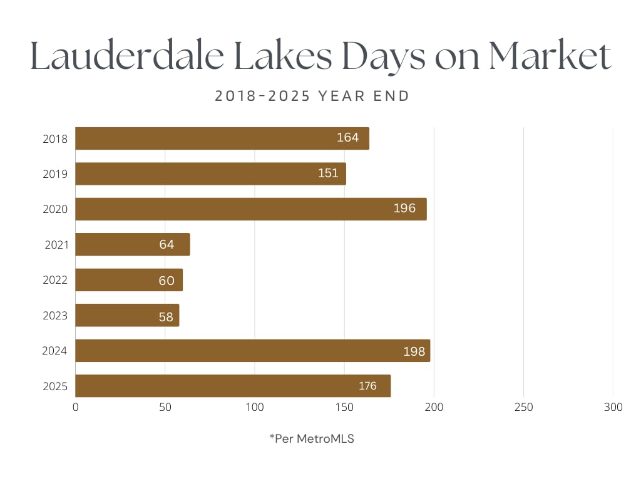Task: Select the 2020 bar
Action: pos(250,209)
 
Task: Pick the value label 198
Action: pos(414,351)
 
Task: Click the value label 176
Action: pos(367,386)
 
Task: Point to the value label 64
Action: pos(167,244)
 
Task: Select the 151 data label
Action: pos(328,173)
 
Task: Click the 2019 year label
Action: pos(55,174)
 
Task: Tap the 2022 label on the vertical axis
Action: pos(55,280)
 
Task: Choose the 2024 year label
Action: pos(55,351)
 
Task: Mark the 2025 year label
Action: pos(55,386)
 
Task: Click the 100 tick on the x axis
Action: pos(255,408)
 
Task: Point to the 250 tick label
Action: pos(523,408)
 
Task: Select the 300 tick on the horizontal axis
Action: pos(613,408)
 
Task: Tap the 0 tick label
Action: pos(76,408)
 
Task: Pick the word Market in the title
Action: pos(550,58)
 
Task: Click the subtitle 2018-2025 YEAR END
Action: pos(312,96)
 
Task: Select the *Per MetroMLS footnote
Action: pos(312,439)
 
